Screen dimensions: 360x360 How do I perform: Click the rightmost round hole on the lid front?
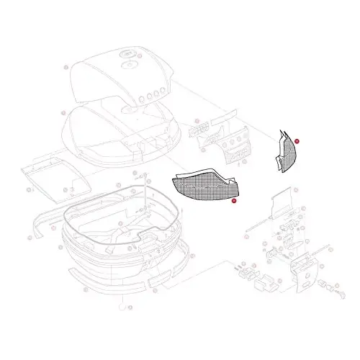click(x=164, y=92)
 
